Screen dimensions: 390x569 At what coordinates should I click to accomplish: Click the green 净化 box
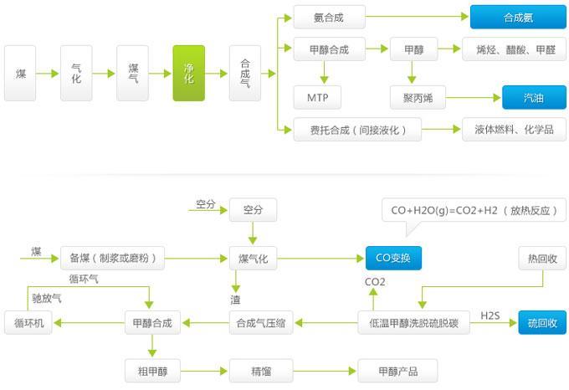pos(188,74)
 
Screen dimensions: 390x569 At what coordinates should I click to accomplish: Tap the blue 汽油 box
pos(533,98)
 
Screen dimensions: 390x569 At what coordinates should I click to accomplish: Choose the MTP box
pos(317,98)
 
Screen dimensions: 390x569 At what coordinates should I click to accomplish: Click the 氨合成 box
pos(329,17)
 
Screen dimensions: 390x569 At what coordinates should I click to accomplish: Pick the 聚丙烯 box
pos(418,98)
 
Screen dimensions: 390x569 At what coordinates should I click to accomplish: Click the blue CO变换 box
pos(393,259)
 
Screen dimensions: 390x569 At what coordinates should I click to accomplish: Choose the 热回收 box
pos(542,259)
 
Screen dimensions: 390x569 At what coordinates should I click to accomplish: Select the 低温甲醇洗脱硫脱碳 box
pos(413,322)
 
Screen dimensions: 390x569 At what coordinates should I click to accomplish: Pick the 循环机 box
pos(28,322)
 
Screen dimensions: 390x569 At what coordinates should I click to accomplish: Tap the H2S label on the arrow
pos(490,315)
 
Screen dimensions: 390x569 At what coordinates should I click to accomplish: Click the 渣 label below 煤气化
pos(236,299)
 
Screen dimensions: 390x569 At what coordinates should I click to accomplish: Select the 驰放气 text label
pos(47,297)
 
